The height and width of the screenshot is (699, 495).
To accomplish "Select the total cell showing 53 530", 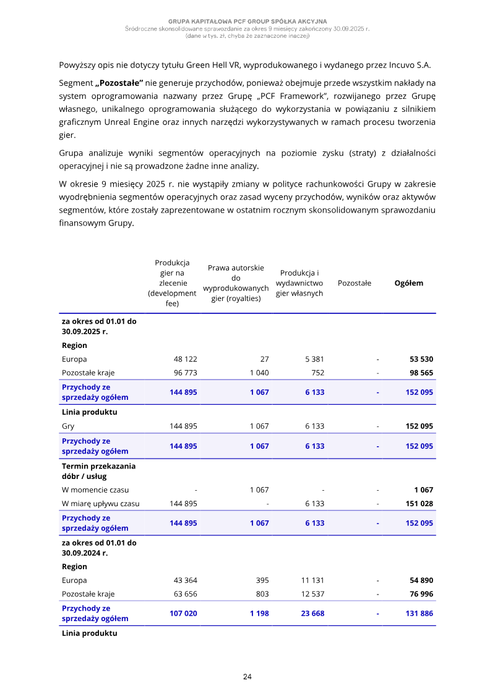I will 421,359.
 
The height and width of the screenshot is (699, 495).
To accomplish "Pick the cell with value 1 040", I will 259,373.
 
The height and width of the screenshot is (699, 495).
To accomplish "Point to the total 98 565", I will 421,373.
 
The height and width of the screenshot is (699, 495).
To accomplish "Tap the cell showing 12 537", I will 312,594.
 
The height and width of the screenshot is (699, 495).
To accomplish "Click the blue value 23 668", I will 312,614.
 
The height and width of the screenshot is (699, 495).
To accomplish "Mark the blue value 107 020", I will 183,614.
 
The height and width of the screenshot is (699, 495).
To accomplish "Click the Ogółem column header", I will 409,283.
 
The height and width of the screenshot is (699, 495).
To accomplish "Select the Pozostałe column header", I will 355,283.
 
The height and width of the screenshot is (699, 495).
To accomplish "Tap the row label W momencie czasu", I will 95,490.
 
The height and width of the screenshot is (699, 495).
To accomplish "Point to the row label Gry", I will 68,426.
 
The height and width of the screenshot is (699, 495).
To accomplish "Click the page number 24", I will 247,677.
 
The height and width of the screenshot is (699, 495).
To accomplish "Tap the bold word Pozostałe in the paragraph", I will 119,83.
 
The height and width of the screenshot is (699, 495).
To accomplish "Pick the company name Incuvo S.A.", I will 410,65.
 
